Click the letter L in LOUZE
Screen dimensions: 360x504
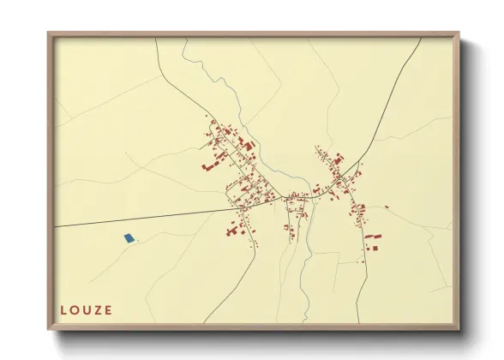pos(63,309)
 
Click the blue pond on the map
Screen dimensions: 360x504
pos(129,237)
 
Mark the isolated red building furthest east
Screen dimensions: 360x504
pos(387,207)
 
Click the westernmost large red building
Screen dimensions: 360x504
pos(207,166)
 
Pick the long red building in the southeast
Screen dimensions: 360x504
pos(372,236)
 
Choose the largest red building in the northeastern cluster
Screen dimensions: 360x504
pos(339,159)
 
